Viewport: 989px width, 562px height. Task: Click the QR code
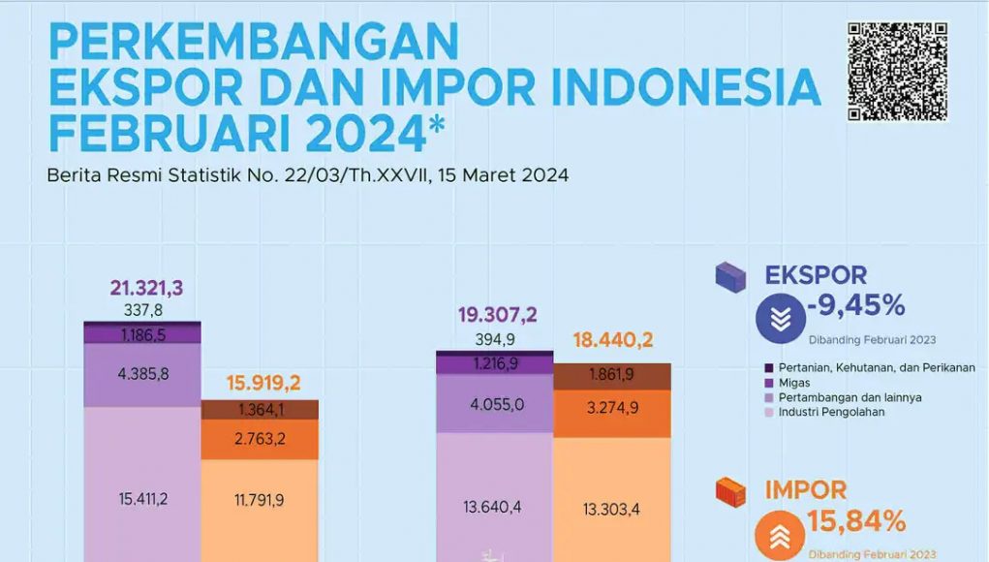coord(897,71)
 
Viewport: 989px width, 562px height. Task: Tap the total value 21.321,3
coord(146,289)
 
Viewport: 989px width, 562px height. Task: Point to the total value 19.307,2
coord(496,315)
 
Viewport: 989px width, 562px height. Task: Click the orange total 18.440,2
coord(612,341)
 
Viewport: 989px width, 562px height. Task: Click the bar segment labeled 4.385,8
coord(142,373)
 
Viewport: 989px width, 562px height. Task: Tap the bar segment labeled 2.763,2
coord(260,439)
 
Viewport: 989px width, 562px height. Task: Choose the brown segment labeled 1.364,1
coord(260,410)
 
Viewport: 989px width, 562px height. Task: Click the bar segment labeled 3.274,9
coord(612,408)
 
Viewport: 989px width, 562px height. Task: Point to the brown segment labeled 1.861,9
coord(612,375)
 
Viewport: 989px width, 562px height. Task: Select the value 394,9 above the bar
coord(496,339)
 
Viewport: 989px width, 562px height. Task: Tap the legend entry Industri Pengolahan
coord(830,412)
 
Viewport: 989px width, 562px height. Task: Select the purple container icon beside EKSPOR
coord(730,278)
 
